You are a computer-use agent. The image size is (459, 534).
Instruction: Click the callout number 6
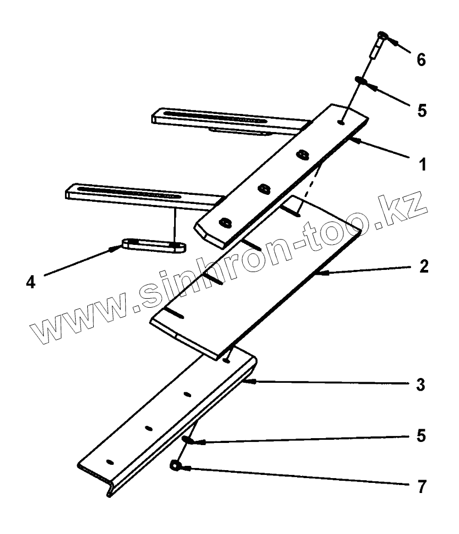(x=421, y=60)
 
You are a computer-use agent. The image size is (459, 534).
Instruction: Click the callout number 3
(x=421, y=384)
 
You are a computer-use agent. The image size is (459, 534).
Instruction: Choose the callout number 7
(x=421, y=486)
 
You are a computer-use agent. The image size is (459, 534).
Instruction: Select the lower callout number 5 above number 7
(x=421, y=436)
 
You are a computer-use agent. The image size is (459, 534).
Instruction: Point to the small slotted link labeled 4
(x=154, y=245)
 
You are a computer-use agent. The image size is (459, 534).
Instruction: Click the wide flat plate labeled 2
(x=256, y=277)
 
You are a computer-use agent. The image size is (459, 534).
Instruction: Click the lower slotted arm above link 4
(x=138, y=194)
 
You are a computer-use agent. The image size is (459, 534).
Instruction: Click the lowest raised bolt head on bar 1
(x=225, y=223)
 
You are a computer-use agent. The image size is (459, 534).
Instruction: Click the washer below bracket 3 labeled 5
(x=186, y=439)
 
